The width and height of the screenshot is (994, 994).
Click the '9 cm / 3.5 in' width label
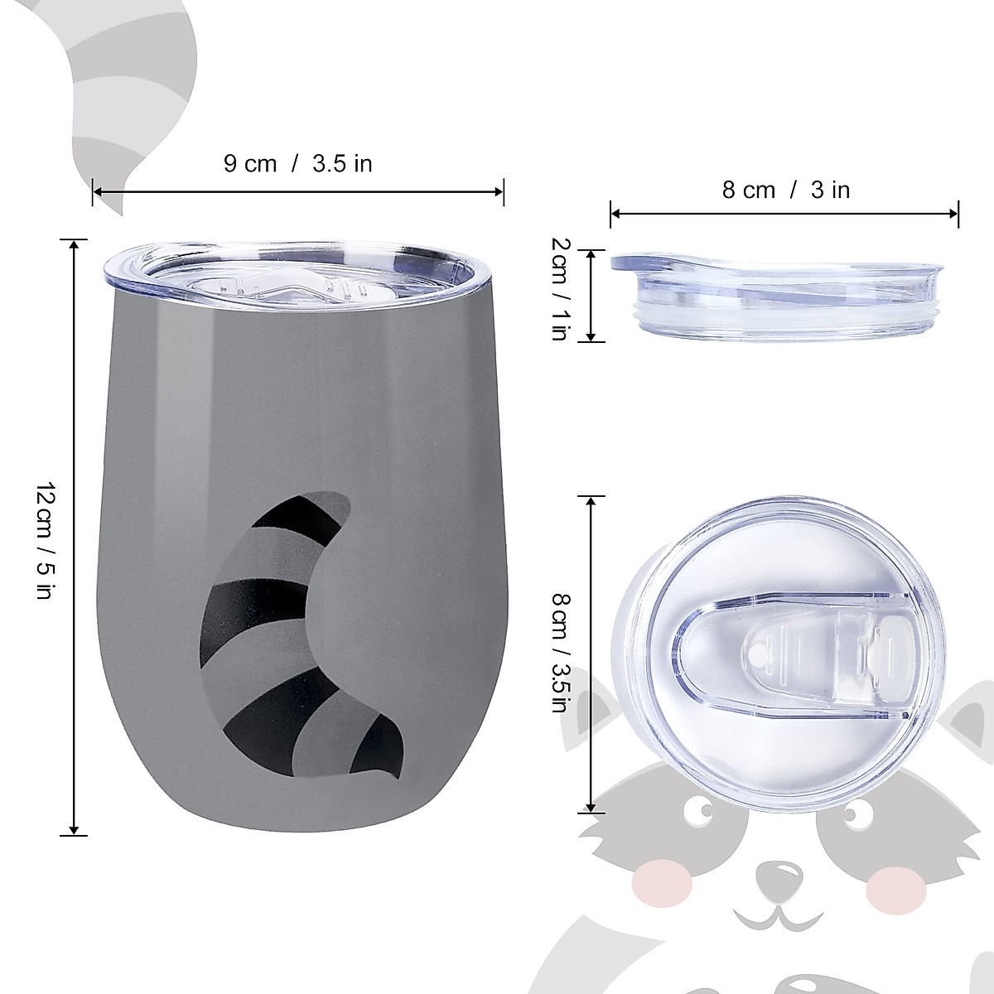click(x=298, y=163)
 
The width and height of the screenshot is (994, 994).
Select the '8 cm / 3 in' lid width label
click(x=785, y=190)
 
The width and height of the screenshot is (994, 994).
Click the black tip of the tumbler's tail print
click(x=380, y=750)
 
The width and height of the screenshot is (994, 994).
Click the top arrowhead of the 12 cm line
click(x=75, y=244)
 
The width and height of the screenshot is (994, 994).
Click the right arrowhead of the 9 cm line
click(x=499, y=192)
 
